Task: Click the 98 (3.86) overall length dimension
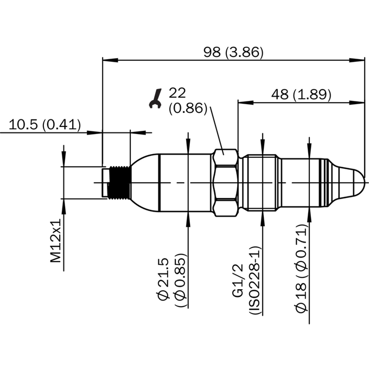(x=233, y=52)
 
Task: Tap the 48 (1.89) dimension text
(x=301, y=94)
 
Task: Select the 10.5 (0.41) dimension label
(x=44, y=124)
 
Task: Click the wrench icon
(x=156, y=98)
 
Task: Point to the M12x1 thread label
(x=56, y=240)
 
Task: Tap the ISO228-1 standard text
(x=255, y=280)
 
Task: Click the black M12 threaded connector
(x=119, y=183)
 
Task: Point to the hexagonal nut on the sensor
(x=225, y=183)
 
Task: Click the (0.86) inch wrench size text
(x=188, y=109)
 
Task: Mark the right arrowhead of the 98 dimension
(x=357, y=60)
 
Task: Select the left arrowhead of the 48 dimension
(x=246, y=103)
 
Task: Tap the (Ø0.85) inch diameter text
(x=181, y=280)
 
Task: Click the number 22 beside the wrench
(x=177, y=93)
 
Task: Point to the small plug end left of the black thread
(x=105, y=183)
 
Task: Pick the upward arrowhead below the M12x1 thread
(x=63, y=207)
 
